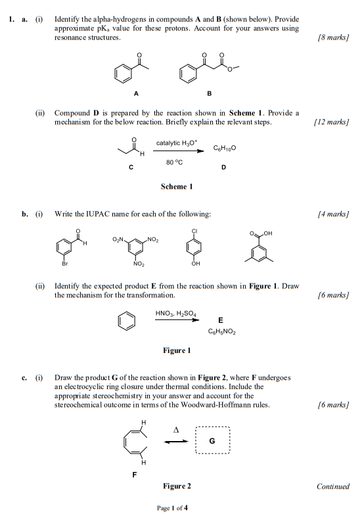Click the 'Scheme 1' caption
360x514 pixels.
tap(177, 187)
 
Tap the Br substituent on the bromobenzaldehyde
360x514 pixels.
tap(64, 264)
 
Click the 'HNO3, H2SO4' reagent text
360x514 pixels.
tap(176, 314)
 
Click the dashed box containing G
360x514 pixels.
tap(212, 441)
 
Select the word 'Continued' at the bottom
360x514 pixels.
tap(332, 486)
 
